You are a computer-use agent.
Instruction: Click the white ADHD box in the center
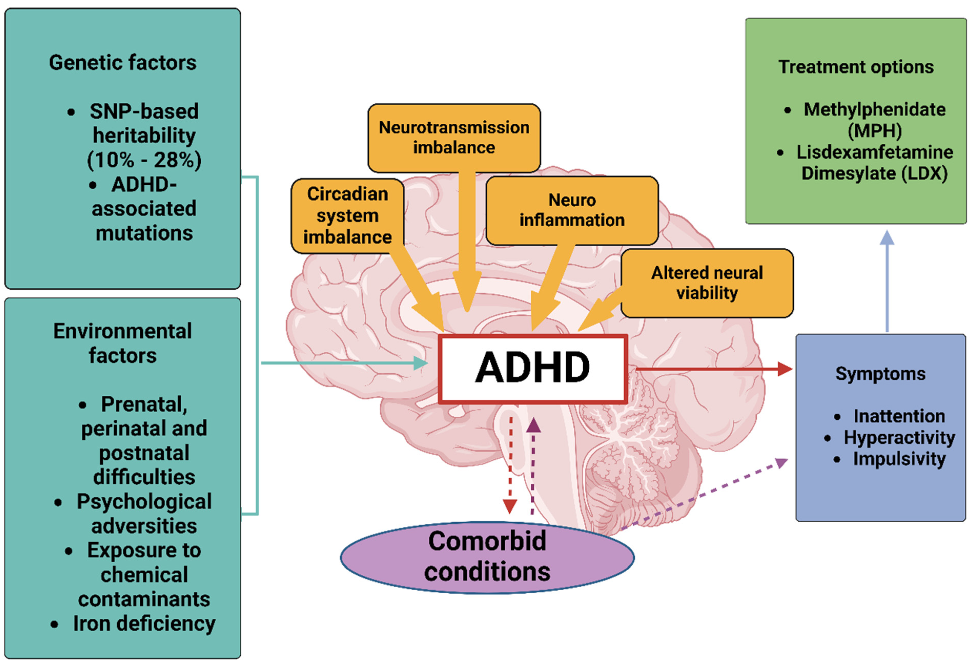[x=532, y=368]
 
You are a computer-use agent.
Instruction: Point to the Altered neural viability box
[x=707, y=283]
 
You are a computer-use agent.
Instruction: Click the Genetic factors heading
[x=122, y=63]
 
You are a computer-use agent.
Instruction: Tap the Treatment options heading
[x=856, y=67]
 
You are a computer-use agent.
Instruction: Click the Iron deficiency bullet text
[x=144, y=624]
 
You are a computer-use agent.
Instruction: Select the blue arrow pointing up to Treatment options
[x=887, y=284]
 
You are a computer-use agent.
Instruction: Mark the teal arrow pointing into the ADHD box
[x=343, y=363]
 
